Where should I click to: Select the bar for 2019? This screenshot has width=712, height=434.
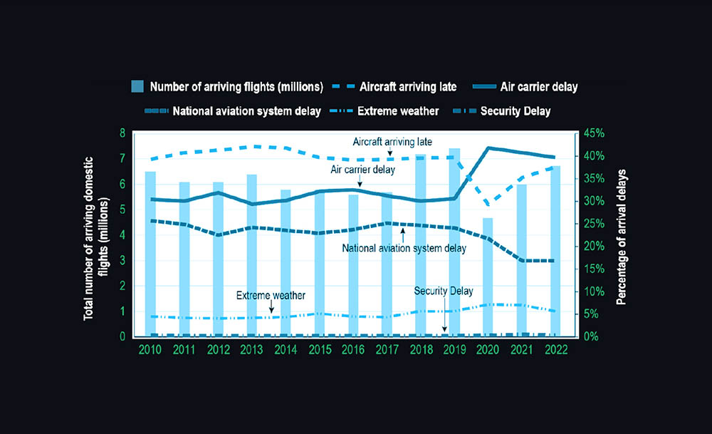point(454,242)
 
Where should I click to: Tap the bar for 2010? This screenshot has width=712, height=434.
point(150,254)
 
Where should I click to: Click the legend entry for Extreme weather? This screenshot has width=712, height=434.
point(398,110)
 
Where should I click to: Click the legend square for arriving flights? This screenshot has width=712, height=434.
point(137,87)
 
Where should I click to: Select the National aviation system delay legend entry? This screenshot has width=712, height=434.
point(229,110)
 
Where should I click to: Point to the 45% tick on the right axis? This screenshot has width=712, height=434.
point(592,133)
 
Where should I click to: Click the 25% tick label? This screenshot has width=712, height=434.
point(592,224)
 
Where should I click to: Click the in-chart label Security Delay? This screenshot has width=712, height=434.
point(444,291)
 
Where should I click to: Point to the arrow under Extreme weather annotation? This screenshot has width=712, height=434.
point(271,307)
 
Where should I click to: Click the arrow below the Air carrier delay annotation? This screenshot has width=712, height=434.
point(361,183)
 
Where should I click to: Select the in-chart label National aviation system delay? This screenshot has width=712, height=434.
point(404,249)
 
